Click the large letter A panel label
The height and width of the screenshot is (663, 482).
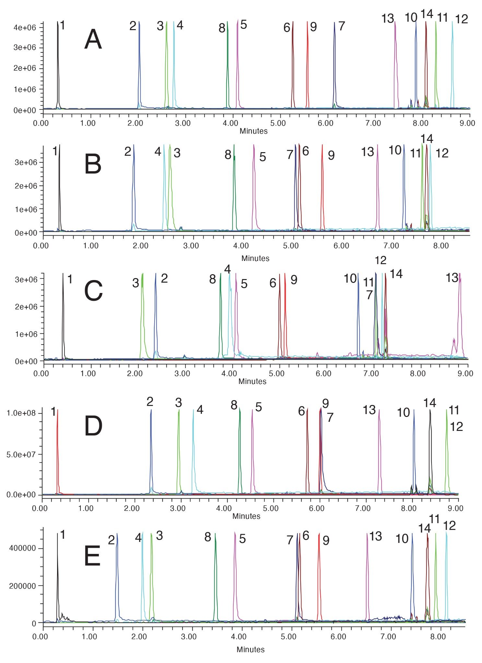tap(93, 39)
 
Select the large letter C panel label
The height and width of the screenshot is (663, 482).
tap(93, 291)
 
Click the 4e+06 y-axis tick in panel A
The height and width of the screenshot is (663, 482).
tap(25, 28)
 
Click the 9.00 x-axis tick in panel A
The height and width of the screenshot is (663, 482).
tap(467, 123)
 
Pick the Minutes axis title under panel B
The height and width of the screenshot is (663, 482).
tap(255, 258)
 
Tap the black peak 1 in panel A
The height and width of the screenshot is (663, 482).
tap(58, 65)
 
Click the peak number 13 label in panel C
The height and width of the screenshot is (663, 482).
tap(452, 278)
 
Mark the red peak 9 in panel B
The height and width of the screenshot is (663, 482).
tap(322, 188)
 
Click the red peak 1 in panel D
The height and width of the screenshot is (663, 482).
tap(57, 453)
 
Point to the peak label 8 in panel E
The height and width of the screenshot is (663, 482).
tap(208, 537)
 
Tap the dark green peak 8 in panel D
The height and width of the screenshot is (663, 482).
tap(240, 453)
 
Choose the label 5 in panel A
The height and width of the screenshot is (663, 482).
tap(244, 25)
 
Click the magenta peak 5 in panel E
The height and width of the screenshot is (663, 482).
tap(235, 576)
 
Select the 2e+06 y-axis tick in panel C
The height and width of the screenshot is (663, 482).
tap(26, 307)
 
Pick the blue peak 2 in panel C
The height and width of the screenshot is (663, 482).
tap(156, 314)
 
